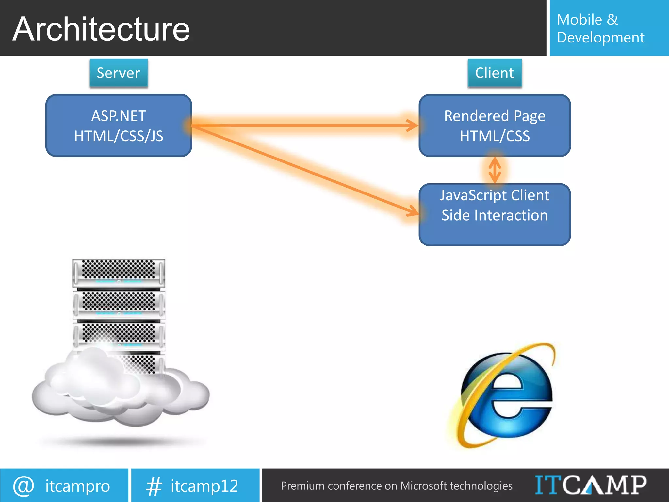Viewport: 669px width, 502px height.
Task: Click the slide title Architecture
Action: [x=101, y=29]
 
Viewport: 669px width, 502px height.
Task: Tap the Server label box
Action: [x=119, y=73]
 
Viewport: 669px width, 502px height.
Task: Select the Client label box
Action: [x=495, y=73]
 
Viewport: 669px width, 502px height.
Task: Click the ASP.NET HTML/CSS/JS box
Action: [x=119, y=126]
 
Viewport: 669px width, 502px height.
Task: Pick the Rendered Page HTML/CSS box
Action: [x=495, y=126]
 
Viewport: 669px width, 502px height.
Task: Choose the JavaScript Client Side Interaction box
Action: [x=495, y=214]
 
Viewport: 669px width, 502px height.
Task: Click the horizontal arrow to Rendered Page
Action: [x=304, y=125]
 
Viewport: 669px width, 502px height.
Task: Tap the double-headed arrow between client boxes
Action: [x=495, y=170]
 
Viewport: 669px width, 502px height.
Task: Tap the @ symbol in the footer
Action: [x=24, y=486]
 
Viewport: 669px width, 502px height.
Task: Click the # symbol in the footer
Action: [x=154, y=486]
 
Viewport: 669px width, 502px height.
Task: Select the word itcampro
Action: [x=78, y=486]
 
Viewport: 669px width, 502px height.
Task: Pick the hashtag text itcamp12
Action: [x=204, y=486]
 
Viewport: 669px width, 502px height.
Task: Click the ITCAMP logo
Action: [x=590, y=485]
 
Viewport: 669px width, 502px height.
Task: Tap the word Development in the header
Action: [x=600, y=38]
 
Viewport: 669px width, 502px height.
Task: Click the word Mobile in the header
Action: [x=579, y=20]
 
